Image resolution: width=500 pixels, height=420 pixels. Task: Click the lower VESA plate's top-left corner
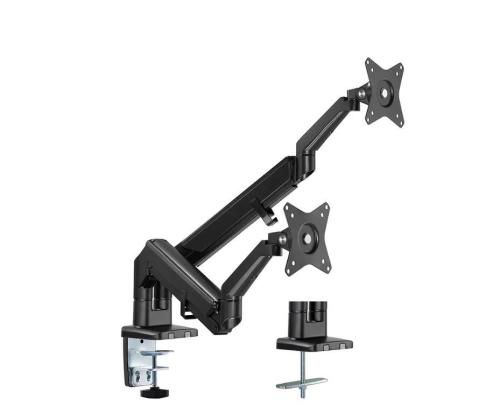click(x=287, y=203)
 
